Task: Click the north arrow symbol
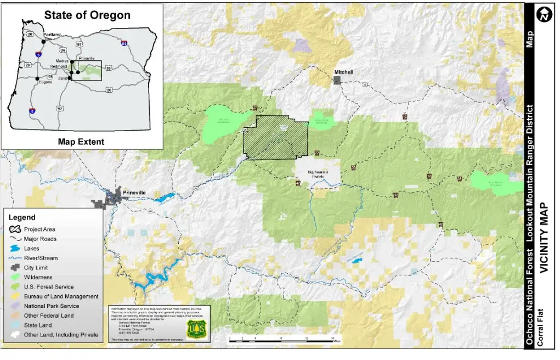tap(544, 16)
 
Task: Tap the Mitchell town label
tap(344, 72)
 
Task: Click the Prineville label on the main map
tap(134, 193)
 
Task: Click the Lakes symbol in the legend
tap(15, 249)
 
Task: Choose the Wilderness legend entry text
tap(38, 277)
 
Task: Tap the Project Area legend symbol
tap(15, 229)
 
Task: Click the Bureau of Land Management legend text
tap(61, 296)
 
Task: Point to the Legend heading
tap(22, 217)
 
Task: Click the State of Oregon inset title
tap(87, 15)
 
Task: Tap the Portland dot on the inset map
tap(43, 41)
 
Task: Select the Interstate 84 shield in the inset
tap(125, 43)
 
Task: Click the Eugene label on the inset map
tap(46, 82)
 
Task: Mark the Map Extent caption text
tap(81, 142)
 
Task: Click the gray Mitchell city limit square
tap(337, 80)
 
